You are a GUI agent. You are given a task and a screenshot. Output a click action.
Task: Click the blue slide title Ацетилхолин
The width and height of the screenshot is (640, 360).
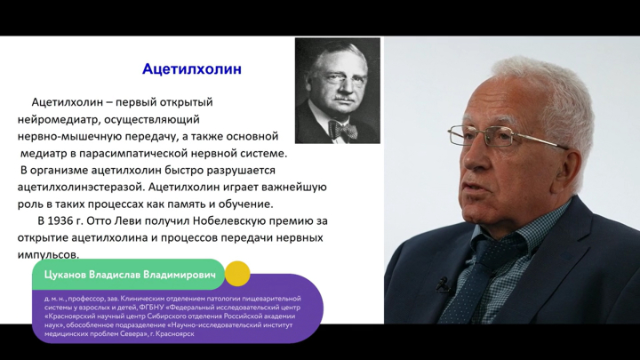tap(192, 69)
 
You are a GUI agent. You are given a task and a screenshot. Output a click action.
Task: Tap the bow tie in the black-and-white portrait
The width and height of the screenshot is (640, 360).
tap(342, 130)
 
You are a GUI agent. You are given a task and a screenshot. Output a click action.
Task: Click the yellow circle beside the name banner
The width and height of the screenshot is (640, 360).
tap(237, 274)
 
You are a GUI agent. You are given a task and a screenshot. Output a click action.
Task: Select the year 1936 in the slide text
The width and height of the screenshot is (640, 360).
tap(60, 220)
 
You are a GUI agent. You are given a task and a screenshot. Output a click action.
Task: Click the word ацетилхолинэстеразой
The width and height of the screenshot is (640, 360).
tap(81, 188)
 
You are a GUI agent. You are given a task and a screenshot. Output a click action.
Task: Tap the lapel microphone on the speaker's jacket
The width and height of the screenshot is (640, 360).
tap(443, 284)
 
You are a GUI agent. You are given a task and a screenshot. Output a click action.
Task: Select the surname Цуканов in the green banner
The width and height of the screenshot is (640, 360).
tap(65, 275)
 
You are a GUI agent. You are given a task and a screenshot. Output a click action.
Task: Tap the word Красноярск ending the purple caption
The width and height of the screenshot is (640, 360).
tap(177, 334)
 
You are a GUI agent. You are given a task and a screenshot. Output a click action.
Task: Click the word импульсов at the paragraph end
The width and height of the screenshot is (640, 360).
tap(48, 255)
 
